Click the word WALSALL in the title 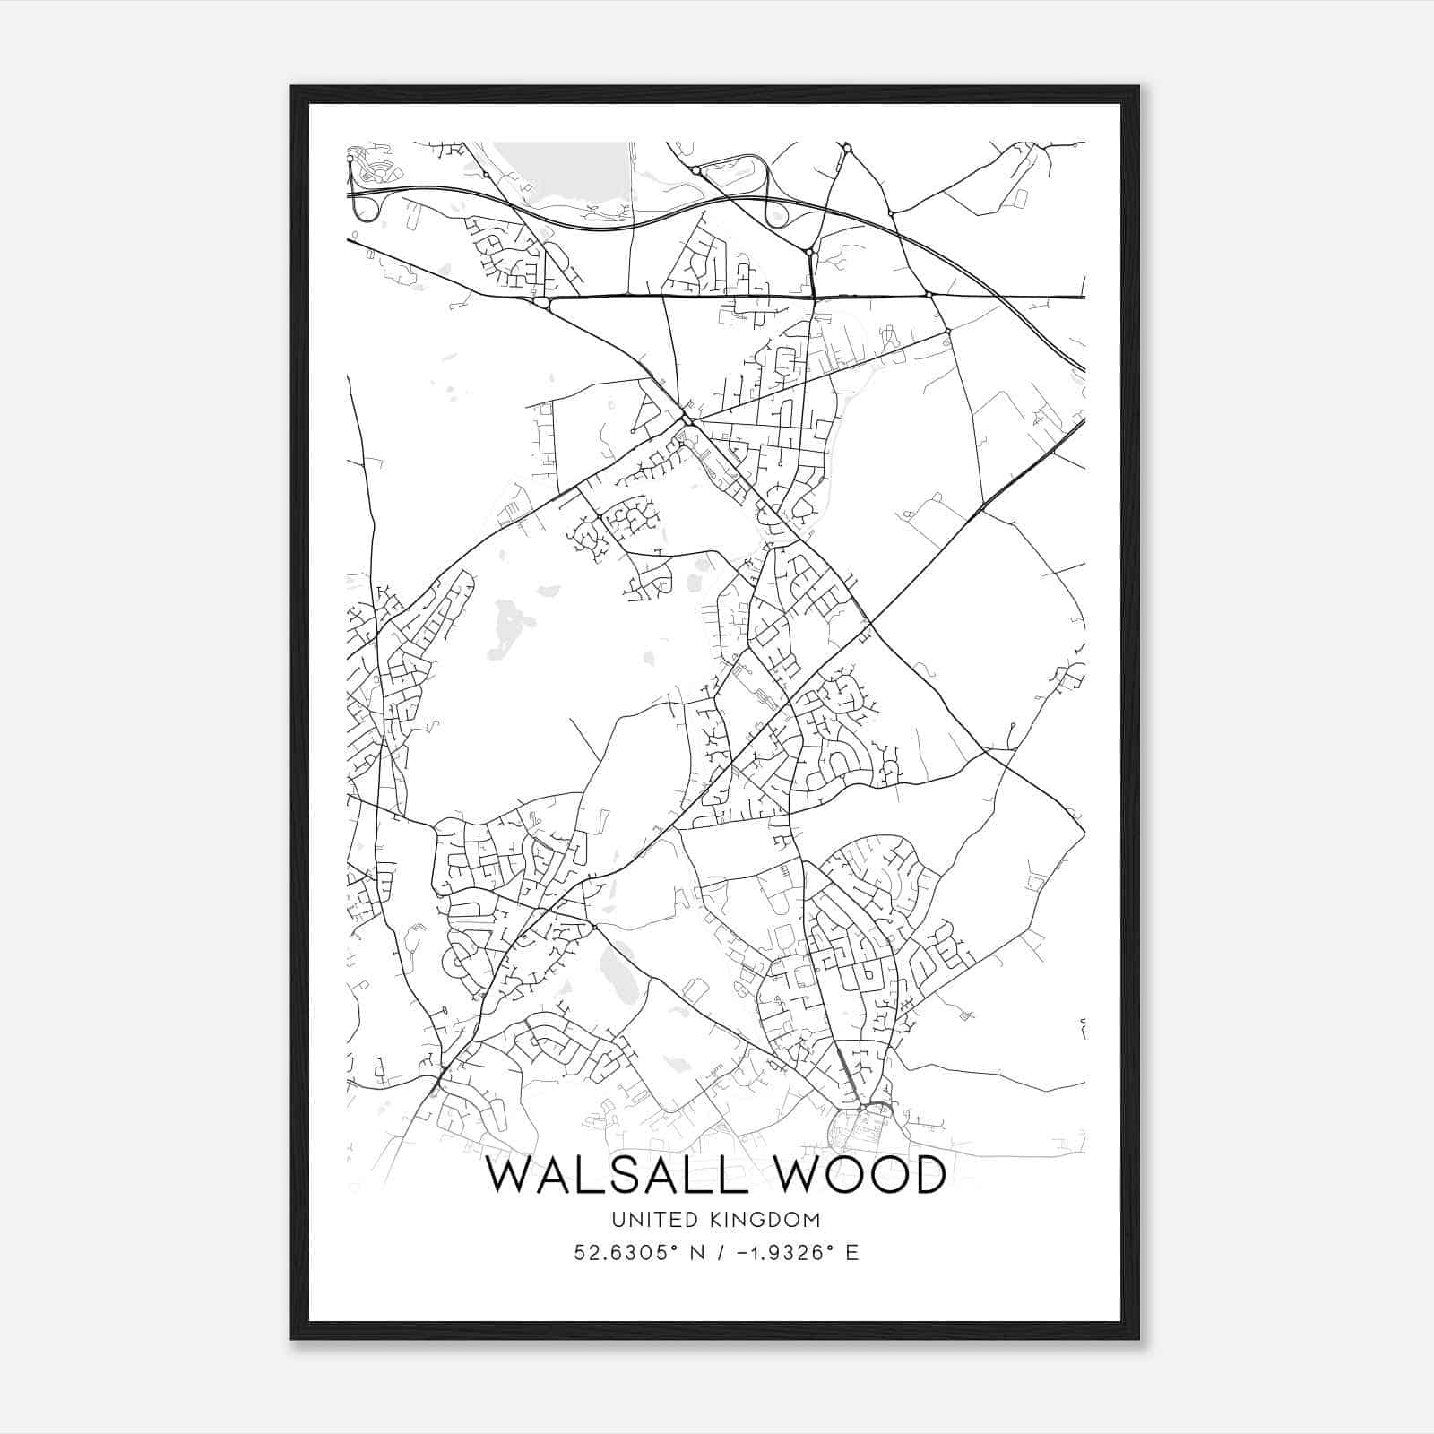tap(617, 1175)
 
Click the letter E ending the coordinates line tap(852, 1253)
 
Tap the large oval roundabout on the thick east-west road tap(540, 304)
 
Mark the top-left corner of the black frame tap(292, 87)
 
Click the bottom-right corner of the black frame tap(1138, 1339)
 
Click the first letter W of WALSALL tap(507, 1175)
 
